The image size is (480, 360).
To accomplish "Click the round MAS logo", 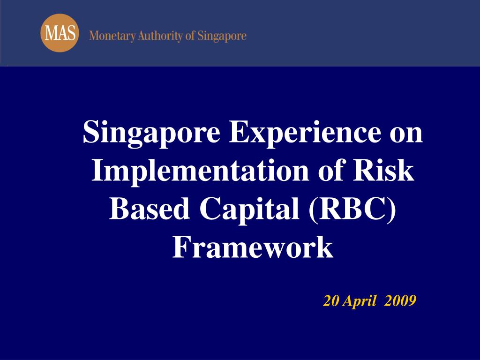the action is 60,33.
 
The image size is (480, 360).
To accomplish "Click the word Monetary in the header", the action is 112,36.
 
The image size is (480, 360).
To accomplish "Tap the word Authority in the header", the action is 160,36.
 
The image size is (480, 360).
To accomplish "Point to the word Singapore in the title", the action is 151,133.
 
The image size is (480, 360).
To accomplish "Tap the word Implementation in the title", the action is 200,171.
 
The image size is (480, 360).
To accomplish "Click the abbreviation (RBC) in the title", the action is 352,209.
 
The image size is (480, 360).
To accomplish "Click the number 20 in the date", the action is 331,300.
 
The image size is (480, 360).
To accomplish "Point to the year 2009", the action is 400,300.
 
